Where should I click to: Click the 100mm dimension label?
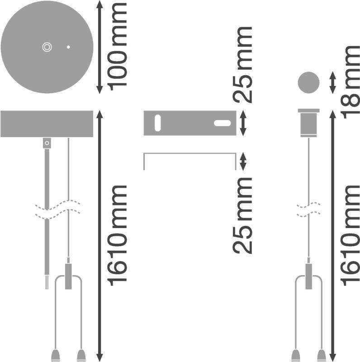point(116,45)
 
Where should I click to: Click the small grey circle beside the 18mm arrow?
point(308,83)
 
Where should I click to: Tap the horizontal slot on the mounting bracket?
point(221,123)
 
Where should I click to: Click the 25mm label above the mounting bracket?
point(242,64)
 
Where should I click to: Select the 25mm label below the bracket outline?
point(242,215)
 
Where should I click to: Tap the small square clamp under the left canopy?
point(47,143)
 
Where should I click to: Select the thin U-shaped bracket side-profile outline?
point(189,156)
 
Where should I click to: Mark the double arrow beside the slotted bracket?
point(242,123)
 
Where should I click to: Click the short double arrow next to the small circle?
point(333,82)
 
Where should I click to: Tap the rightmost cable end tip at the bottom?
point(322,354)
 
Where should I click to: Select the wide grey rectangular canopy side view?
point(47,123)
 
